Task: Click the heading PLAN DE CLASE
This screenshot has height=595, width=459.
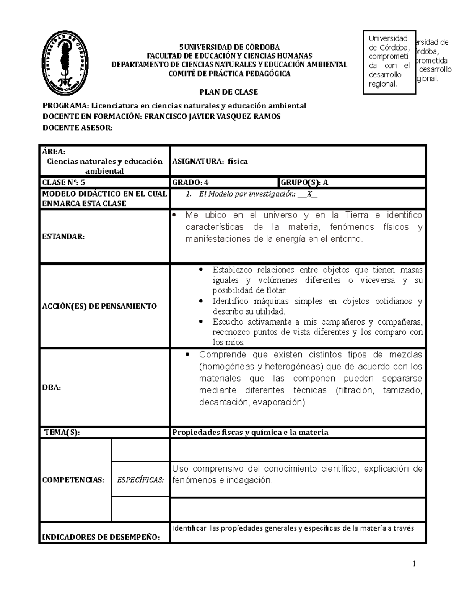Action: click(229, 92)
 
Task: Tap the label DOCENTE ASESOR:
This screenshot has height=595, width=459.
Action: click(78, 128)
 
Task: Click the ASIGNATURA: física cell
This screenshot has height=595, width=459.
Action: click(210, 161)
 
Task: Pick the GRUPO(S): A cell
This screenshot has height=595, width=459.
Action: click(304, 182)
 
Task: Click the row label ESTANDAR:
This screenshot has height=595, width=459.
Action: click(63, 236)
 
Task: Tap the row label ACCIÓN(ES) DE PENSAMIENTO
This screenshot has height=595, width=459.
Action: click(99, 306)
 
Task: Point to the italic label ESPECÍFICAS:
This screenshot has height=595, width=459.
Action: click(140, 480)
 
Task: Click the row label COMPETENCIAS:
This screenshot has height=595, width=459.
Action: click(73, 480)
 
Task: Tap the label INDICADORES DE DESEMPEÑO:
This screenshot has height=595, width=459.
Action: click(101, 537)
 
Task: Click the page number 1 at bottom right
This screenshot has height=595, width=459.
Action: click(413, 563)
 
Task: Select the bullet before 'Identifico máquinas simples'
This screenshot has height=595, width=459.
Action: click(202, 302)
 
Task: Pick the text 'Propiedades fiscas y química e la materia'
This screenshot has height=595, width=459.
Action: click(250, 433)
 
